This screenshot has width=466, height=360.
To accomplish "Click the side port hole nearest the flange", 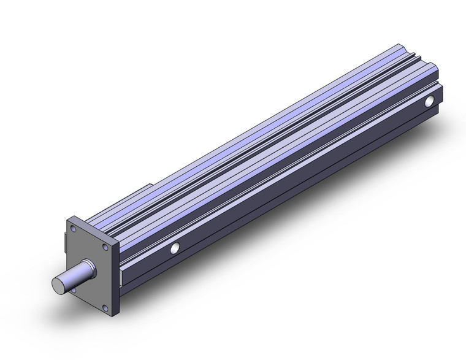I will (175, 248).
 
